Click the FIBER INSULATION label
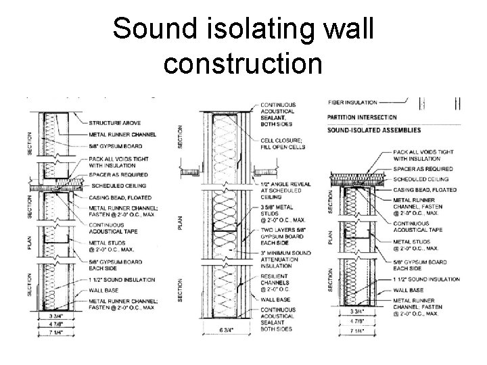coord(353,103)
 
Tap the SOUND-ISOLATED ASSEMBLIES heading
coord(374,130)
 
